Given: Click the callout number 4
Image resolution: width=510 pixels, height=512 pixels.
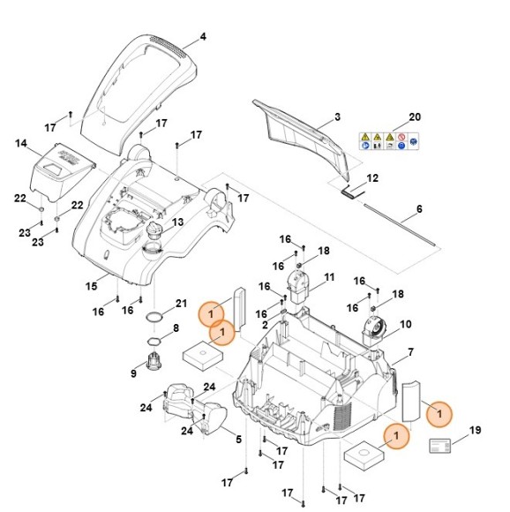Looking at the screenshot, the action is (203, 36).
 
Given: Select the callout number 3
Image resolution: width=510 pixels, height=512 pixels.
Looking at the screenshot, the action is (337, 117).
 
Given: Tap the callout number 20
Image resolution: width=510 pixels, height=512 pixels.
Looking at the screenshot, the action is (415, 117).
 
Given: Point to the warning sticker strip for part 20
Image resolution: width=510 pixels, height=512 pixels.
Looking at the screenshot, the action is (388, 141).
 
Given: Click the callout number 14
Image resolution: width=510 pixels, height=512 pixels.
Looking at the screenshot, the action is (21, 143).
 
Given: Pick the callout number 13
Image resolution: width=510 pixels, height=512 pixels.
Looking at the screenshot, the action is (177, 222).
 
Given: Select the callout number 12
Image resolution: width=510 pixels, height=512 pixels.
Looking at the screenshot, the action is (372, 178).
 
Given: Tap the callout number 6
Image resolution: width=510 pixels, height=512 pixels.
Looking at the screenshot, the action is (419, 208).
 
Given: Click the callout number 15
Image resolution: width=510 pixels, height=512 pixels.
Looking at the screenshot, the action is (92, 286).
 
